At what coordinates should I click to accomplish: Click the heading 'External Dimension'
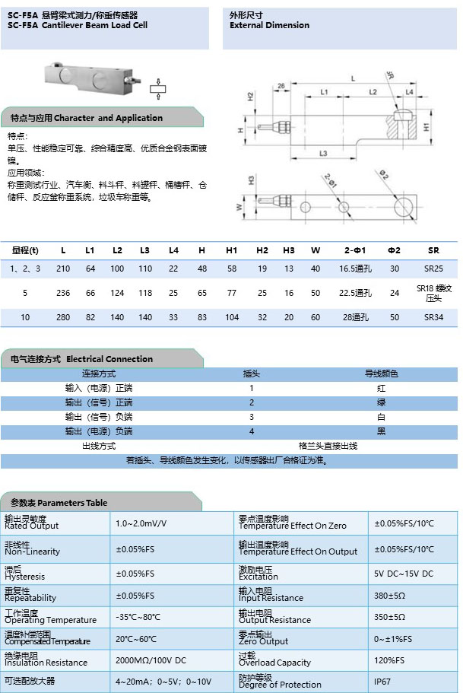(x=269, y=25)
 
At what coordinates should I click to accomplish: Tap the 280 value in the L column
(x=63, y=317)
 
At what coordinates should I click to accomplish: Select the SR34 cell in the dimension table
(x=433, y=317)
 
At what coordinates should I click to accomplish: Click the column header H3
(x=289, y=250)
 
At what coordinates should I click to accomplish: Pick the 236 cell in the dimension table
(x=63, y=293)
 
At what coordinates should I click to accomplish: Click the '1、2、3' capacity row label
(x=25, y=269)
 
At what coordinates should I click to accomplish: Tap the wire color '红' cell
(x=381, y=388)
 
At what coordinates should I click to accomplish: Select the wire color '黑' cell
(x=381, y=431)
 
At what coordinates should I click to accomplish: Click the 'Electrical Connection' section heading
(x=109, y=359)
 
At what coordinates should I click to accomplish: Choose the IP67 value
(x=382, y=681)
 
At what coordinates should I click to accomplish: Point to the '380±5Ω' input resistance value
(x=389, y=596)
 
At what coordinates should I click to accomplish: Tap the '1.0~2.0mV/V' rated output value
(x=141, y=523)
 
